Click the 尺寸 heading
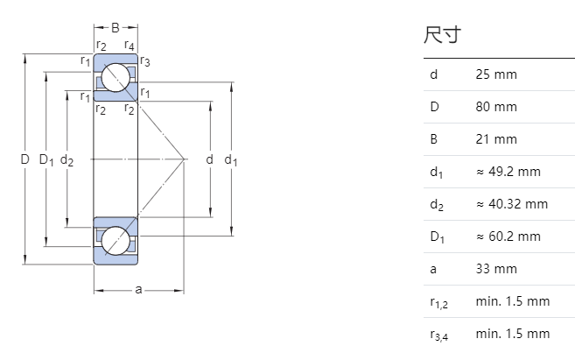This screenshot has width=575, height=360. point(442,36)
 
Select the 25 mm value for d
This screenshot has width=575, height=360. point(495,74)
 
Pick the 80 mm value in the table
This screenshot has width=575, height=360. point(495,107)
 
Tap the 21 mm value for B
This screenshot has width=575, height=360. point(495,139)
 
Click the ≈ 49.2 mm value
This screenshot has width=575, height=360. point(508,172)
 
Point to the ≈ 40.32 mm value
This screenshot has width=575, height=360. point(511,204)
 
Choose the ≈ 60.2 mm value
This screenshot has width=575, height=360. point(508,236)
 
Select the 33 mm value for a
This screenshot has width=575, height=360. point(495,269)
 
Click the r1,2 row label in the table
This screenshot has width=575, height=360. point(439,302)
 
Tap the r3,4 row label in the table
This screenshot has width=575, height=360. point(439,335)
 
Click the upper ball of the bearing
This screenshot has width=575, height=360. point(115,78)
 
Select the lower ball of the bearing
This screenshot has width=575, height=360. point(115,240)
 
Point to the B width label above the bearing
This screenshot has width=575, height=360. point(115,28)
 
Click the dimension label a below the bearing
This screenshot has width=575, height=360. point(138,290)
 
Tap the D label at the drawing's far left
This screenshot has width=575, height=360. point(25,159)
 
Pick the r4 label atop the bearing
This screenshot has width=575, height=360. point(130,46)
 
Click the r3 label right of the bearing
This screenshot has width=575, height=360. point(145,61)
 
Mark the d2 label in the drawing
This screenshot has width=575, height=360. point(67,160)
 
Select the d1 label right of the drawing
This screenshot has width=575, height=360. point(231,160)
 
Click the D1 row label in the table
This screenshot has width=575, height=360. point(438,236)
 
